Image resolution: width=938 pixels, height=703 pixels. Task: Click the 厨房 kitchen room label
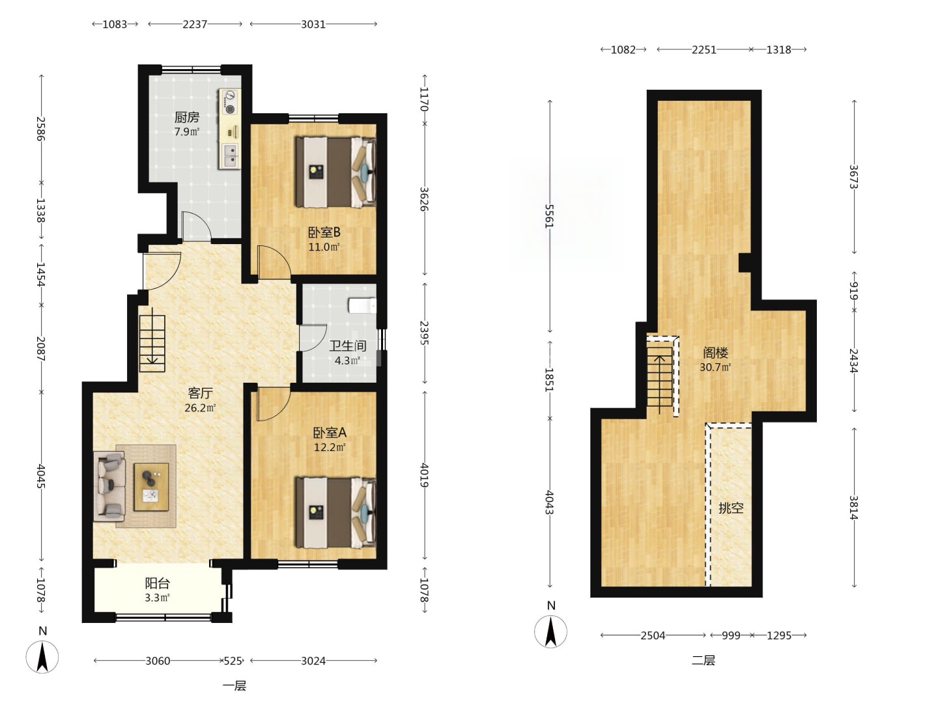(187, 117)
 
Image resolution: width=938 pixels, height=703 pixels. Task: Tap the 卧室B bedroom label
(324, 232)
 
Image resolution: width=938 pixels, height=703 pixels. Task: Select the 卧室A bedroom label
(330, 433)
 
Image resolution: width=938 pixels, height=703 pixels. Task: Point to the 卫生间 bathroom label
(347, 346)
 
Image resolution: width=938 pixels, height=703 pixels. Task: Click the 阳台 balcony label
(157, 583)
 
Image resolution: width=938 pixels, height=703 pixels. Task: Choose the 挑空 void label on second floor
(731, 508)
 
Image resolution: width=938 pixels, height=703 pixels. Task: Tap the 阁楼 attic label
(715, 353)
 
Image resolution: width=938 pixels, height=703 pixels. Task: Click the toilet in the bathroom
(362, 306)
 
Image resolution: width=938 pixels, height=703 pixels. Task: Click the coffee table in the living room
(151, 487)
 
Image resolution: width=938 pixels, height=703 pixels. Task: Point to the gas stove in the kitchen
(231, 102)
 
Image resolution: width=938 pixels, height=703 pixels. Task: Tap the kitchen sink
(231, 156)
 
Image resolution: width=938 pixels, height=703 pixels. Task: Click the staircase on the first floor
(152, 344)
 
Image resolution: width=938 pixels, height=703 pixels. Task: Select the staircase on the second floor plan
(660, 376)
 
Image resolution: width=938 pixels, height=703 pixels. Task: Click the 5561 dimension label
(550, 215)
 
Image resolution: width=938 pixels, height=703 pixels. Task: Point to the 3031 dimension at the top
(313, 24)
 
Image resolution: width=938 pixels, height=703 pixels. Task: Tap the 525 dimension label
(233, 661)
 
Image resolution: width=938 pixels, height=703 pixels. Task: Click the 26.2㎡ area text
(200, 408)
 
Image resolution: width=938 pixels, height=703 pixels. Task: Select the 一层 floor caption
(234, 686)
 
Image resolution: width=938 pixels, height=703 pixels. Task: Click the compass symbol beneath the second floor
(551, 631)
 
